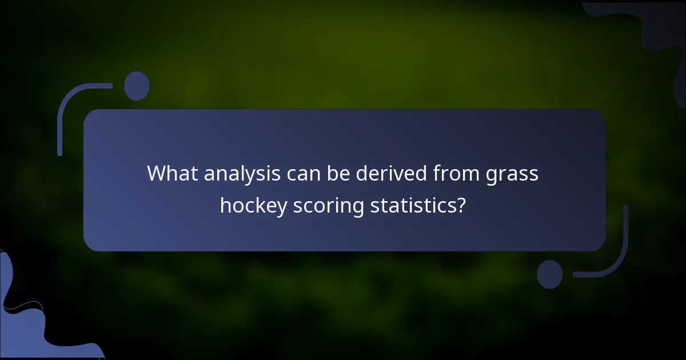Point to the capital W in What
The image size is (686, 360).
click(x=157, y=173)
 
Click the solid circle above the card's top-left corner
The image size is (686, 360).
click(x=137, y=86)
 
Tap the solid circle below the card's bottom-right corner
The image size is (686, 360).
click(x=550, y=274)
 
